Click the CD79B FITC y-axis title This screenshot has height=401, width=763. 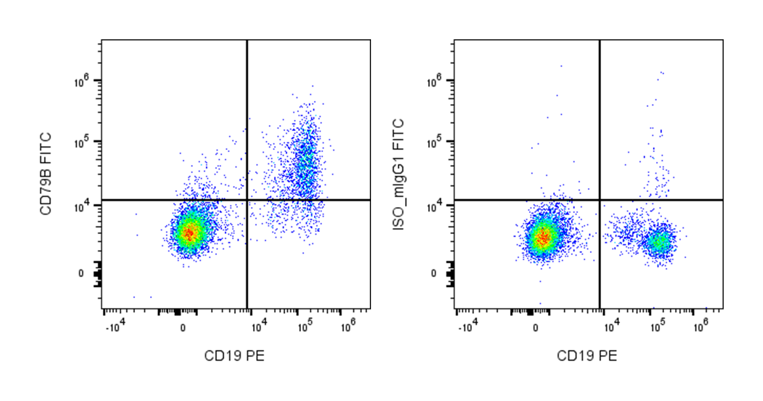[47, 173]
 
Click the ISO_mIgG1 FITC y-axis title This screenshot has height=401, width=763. [399, 174]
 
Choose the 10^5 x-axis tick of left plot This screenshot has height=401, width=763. [304, 323]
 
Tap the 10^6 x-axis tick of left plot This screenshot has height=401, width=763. [348, 323]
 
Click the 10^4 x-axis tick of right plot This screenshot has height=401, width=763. [611, 323]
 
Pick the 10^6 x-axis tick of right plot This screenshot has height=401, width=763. [701, 323]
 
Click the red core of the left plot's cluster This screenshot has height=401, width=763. [189, 233]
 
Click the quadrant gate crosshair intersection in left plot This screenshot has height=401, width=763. [247, 199]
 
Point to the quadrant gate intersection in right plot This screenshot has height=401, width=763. [600, 199]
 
